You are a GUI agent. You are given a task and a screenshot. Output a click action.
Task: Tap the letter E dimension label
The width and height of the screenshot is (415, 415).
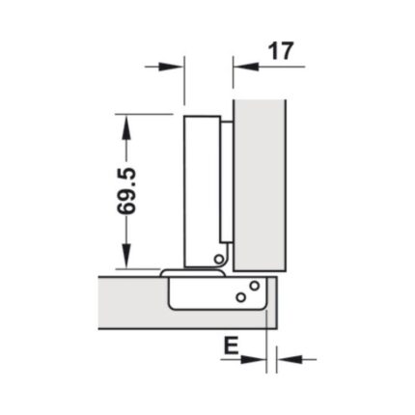231,346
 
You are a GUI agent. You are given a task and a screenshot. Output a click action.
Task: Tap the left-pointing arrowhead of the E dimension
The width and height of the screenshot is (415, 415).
286,360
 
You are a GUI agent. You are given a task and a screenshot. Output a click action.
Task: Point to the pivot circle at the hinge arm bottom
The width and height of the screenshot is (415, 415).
220,259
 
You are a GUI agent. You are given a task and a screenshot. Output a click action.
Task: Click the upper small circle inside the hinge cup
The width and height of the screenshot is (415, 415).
253,286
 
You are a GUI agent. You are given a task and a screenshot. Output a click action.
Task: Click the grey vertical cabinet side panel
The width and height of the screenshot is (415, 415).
260,183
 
